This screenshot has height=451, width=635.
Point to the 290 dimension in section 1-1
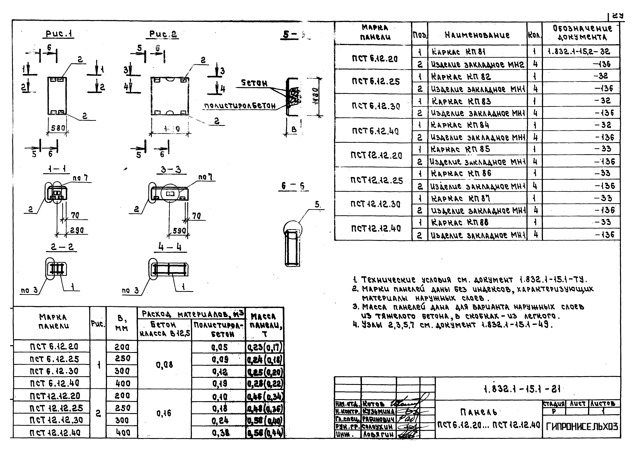77,230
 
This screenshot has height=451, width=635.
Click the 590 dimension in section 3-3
179,231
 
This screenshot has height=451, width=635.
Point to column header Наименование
477,35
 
